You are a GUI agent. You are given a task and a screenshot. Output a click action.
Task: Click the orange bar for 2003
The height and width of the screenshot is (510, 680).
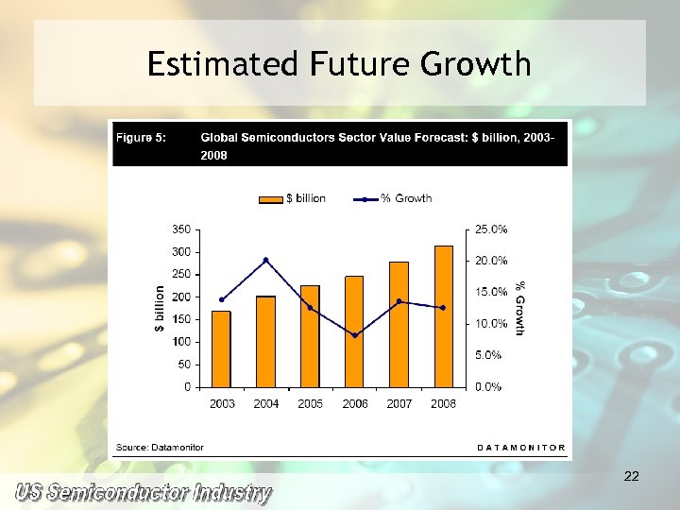[x=221, y=348]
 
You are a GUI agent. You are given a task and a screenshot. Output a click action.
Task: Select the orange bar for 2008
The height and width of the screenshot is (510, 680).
[x=443, y=315]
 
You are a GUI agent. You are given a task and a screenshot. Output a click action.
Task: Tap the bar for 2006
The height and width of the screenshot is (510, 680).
[x=354, y=331]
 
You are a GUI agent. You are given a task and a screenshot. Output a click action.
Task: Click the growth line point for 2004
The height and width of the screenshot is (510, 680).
[x=266, y=260]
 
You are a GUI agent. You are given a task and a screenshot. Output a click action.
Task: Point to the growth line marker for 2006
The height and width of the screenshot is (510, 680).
[x=355, y=335]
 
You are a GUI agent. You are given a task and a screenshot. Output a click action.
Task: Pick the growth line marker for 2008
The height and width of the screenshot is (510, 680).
[x=443, y=308]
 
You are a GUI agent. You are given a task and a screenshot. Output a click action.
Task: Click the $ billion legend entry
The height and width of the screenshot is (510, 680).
[x=294, y=198]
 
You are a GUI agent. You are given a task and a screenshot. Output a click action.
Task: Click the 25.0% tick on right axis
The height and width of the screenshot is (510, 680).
[x=491, y=229]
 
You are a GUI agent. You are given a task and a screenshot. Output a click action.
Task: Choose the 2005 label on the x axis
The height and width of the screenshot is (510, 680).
[x=310, y=403]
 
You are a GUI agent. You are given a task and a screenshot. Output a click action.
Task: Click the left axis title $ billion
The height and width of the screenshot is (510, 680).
[x=160, y=308]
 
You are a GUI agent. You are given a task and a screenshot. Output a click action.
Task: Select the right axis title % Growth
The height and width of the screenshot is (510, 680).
[x=518, y=308]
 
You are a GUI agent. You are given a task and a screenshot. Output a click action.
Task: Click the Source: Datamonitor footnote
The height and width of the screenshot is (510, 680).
[x=160, y=447]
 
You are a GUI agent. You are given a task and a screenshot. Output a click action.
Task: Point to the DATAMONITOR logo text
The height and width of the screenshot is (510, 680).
[x=520, y=447]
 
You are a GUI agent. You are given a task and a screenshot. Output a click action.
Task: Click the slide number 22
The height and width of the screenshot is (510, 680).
[x=632, y=477]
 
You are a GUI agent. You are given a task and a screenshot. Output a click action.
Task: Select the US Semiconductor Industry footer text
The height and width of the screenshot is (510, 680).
[x=142, y=493]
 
